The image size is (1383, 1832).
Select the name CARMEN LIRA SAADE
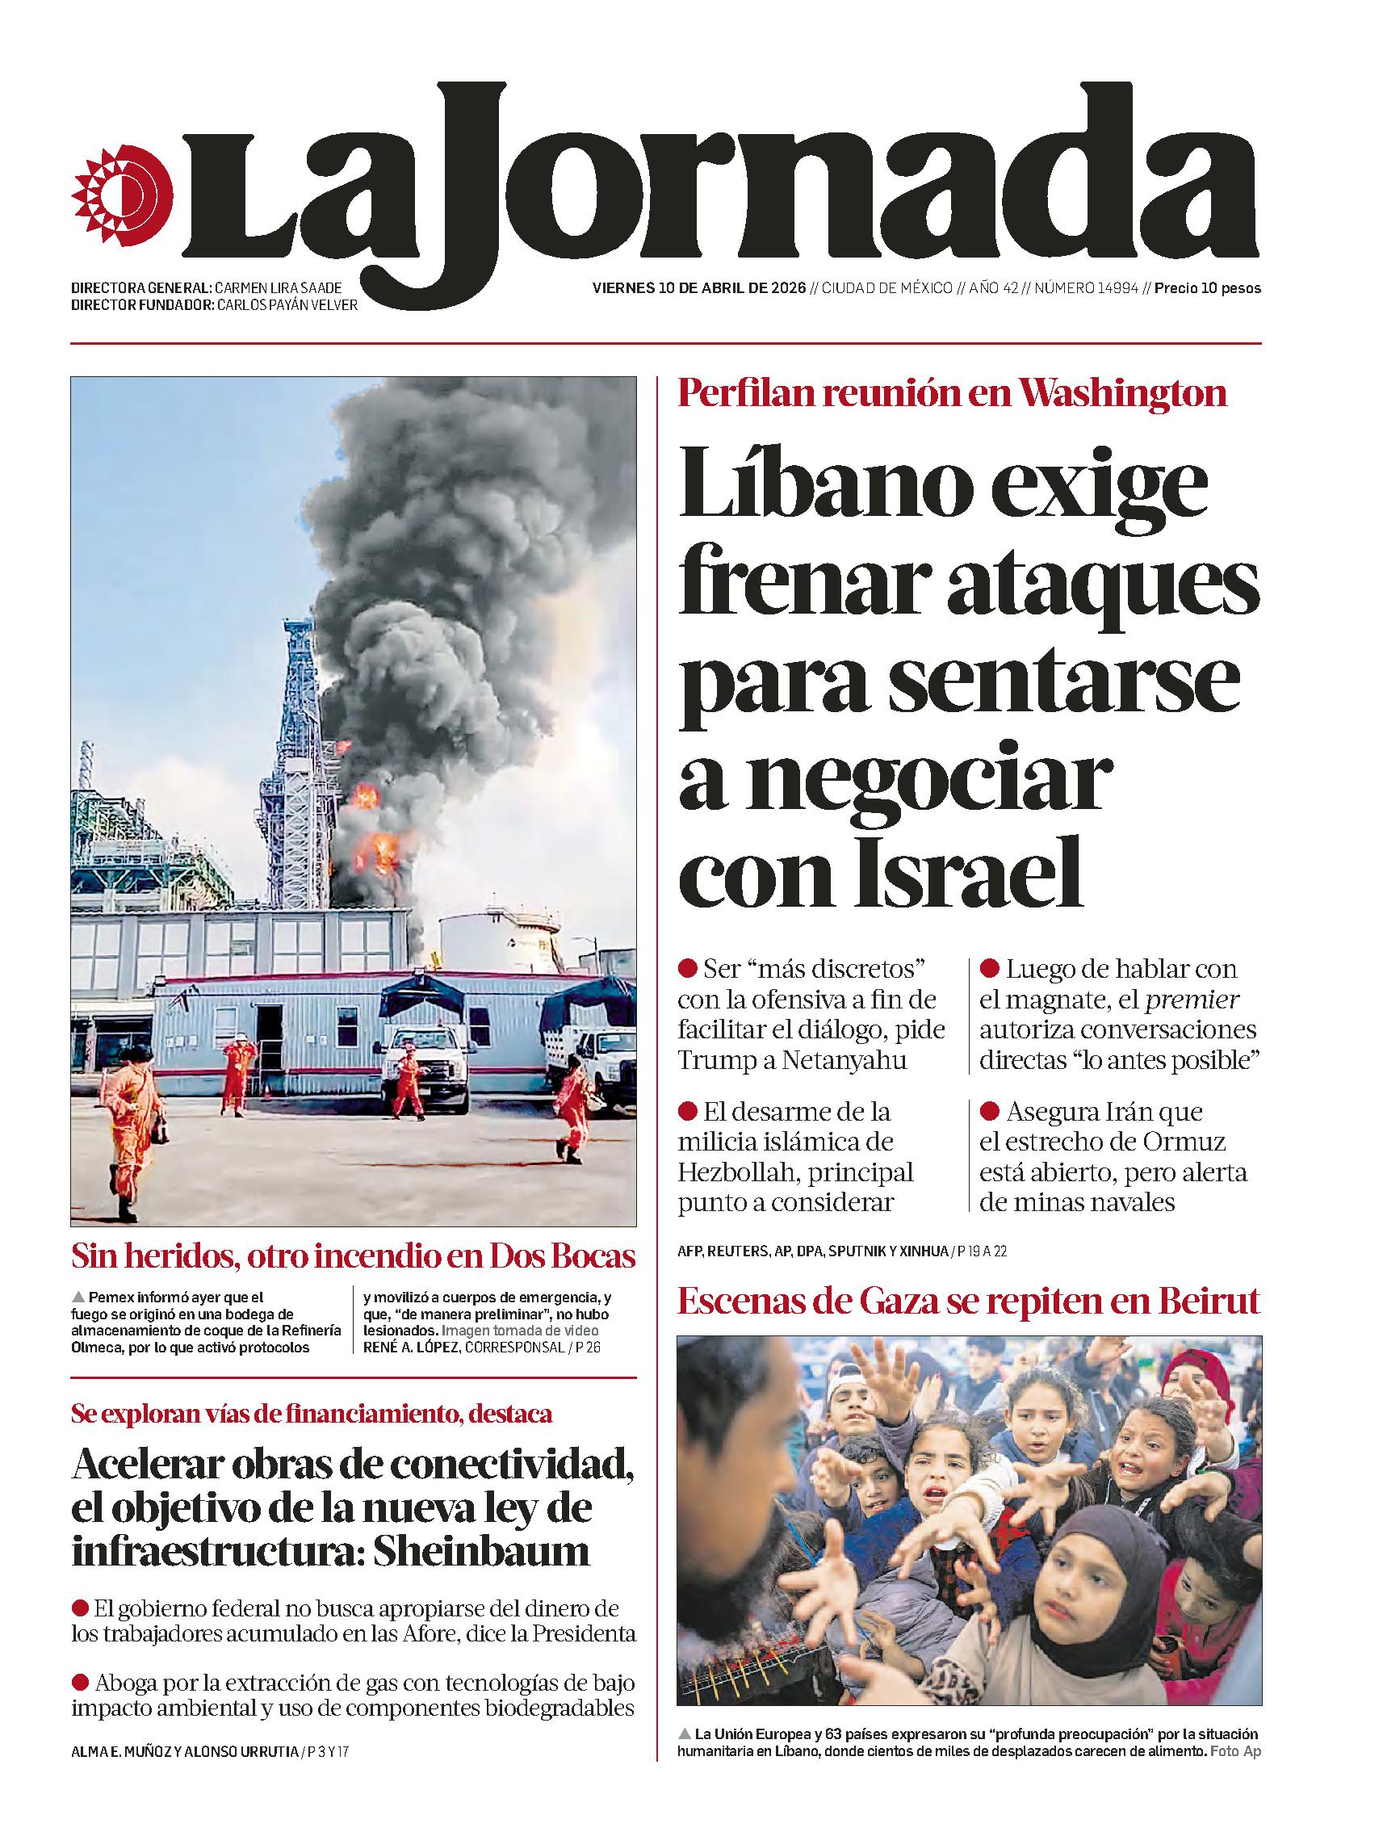(278, 288)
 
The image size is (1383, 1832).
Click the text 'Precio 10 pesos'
(1208, 288)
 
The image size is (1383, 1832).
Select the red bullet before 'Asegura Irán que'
(989, 1111)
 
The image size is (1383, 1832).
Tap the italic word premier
(1192, 999)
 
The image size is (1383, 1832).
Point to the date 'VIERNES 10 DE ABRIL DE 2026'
(699, 288)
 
